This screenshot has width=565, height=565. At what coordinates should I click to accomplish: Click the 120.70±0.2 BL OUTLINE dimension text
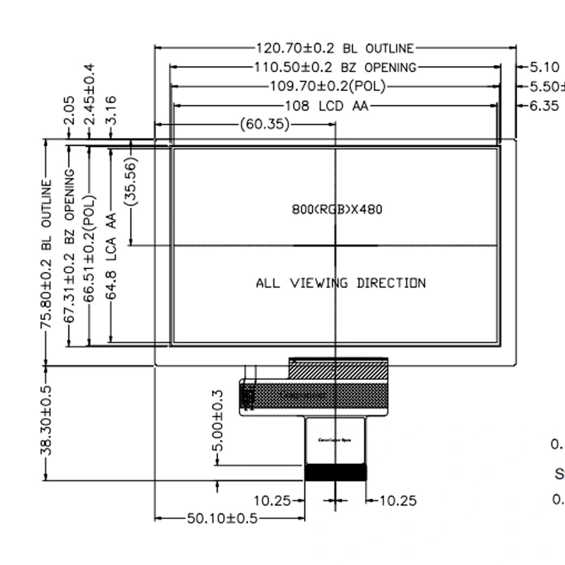tap(335, 49)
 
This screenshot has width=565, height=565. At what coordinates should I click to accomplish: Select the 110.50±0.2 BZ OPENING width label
tap(335, 68)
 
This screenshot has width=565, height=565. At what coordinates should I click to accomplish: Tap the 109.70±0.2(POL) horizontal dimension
tap(329, 87)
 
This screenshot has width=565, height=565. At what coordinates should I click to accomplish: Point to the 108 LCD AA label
tap(326, 106)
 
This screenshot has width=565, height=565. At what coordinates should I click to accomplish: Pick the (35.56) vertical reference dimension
tap(131, 182)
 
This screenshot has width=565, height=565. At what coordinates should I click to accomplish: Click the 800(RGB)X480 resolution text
tap(337, 210)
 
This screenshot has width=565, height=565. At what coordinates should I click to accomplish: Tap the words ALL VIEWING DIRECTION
tap(340, 283)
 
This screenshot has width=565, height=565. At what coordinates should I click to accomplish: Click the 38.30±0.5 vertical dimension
tap(47, 421)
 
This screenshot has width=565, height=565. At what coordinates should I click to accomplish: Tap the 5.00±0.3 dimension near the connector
tap(218, 422)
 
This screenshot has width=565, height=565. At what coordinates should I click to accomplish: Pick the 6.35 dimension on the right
tap(544, 106)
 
